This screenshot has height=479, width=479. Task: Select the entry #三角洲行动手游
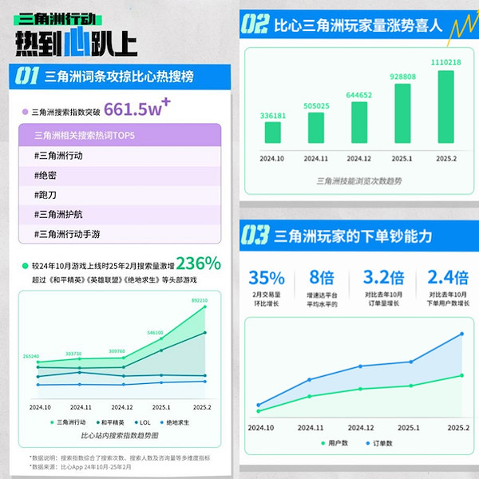(x=67, y=234)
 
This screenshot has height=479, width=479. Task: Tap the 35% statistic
(x=267, y=278)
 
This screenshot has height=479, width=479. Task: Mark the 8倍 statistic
(x=321, y=278)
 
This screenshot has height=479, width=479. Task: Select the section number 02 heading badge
(x=254, y=25)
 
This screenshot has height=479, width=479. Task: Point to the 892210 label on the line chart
(x=200, y=301)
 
